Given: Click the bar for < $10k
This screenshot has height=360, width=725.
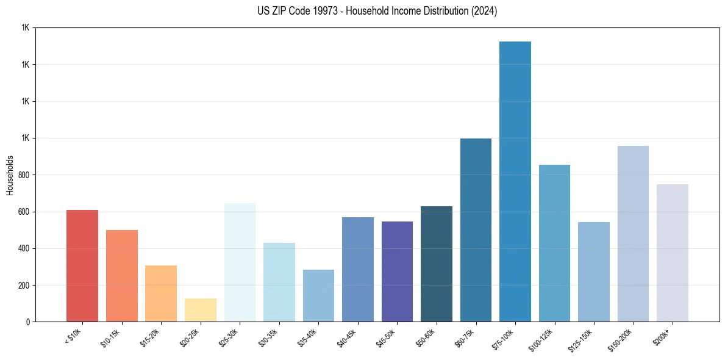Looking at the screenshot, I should pyautogui.click(x=82, y=266).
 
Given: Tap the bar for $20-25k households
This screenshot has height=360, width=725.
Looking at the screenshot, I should pyautogui.click(x=200, y=310).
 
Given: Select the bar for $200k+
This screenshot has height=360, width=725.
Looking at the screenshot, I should pyautogui.click(x=672, y=253).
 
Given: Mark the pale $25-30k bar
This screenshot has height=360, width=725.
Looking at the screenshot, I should pyautogui.click(x=240, y=262).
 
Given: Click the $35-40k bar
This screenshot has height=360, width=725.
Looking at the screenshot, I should pyautogui.click(x=318, y=296).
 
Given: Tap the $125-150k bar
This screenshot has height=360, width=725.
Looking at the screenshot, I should pyautogui.click(x=594, y=272).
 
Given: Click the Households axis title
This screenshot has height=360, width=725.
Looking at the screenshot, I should pyautogui.click(x=10, y=175).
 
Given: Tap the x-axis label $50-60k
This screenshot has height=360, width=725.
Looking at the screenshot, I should pyautogui.click(x=426, y=337).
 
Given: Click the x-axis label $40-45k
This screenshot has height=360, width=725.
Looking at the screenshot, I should pyautogui.click(x=347, y=337).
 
